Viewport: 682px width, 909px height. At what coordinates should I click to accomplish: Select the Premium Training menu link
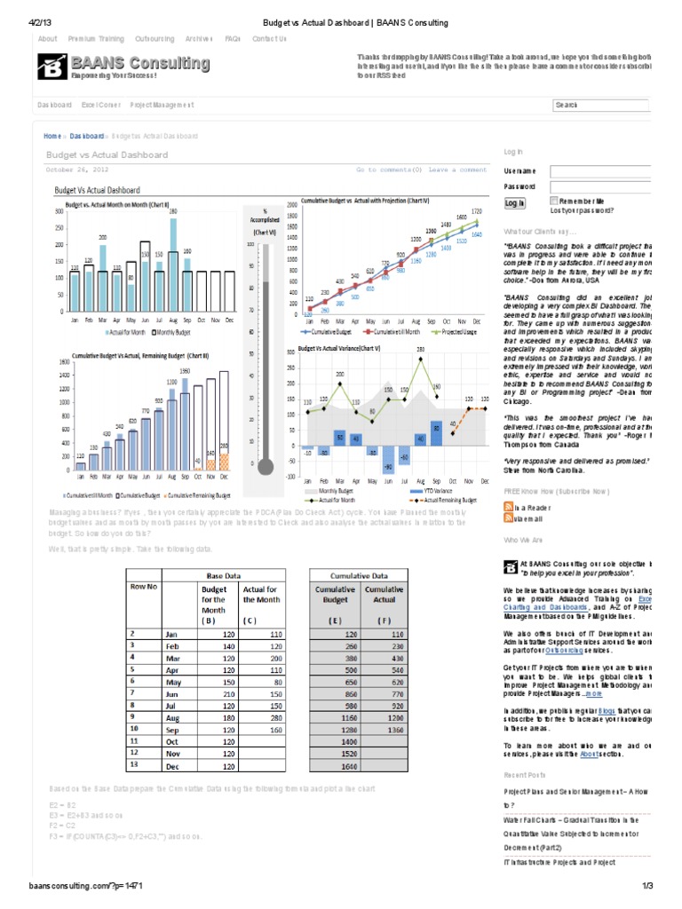[x=96, y=39]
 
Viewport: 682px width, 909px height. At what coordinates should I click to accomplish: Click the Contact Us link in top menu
[x=269, y=39]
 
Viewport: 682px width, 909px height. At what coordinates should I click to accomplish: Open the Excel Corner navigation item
[x=101, y=105]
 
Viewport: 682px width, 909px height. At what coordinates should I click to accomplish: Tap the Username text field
[x=600, y=170]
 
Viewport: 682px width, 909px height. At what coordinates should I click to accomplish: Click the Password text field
[x=600, y=187]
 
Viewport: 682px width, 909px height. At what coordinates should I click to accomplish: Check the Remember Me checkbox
[x=555, y=202]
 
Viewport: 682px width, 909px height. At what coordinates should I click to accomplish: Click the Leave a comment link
[x=457, y=170]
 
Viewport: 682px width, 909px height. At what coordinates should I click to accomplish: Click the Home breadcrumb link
[x=52, y=136]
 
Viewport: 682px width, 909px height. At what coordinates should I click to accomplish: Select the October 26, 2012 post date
[x=77, y=170]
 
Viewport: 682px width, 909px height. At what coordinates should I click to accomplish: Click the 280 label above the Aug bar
[x=174, y=210]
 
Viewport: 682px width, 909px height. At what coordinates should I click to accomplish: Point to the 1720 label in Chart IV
[x=475, y=211]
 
